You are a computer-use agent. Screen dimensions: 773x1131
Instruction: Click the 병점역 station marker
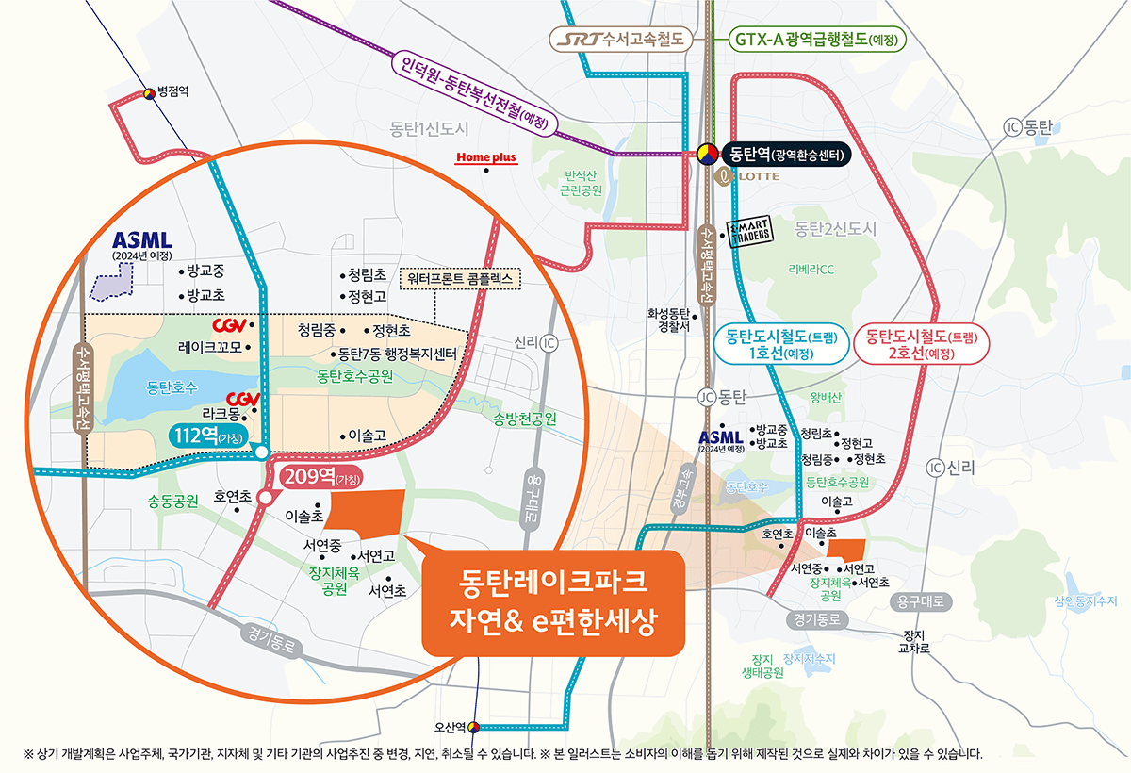[x=149, y=93]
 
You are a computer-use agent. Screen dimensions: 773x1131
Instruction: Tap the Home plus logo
[x=486, y=157]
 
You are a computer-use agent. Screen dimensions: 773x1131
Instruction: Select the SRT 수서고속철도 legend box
[x=622, y=40]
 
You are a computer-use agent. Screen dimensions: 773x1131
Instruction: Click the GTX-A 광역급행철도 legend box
[x=817, y=40]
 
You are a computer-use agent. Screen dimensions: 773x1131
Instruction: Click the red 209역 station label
[x=318, y=475]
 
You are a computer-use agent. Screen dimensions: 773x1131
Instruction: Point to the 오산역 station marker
[x=473, y=727]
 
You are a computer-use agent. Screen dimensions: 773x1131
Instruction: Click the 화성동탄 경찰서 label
[x=669, y=321]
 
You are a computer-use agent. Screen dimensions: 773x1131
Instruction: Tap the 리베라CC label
[x=811, y=270]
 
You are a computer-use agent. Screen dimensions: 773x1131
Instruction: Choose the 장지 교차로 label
[x=916, y=641]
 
